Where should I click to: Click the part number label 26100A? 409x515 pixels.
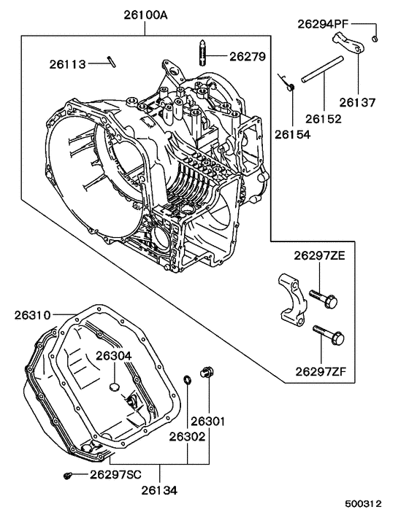(x=145, y=14)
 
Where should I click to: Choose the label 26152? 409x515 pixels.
(x=323, y=117)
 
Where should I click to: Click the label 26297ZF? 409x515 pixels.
(x=325, y=372)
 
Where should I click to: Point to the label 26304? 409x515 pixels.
(x=113, y=355)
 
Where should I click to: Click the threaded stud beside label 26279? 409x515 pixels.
(x=202, y=56)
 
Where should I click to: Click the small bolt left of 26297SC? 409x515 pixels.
(x=68, y=475)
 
